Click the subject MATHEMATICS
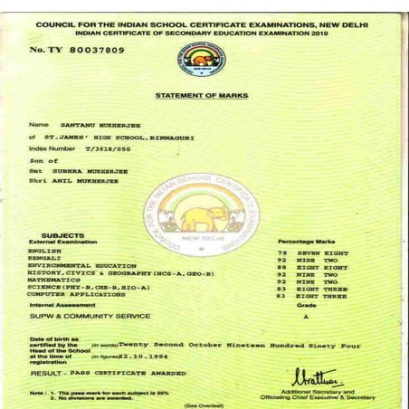(50, 281)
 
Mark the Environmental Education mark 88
(282, 268)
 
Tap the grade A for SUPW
(306, 319)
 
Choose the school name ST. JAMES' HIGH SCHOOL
(100, 136)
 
